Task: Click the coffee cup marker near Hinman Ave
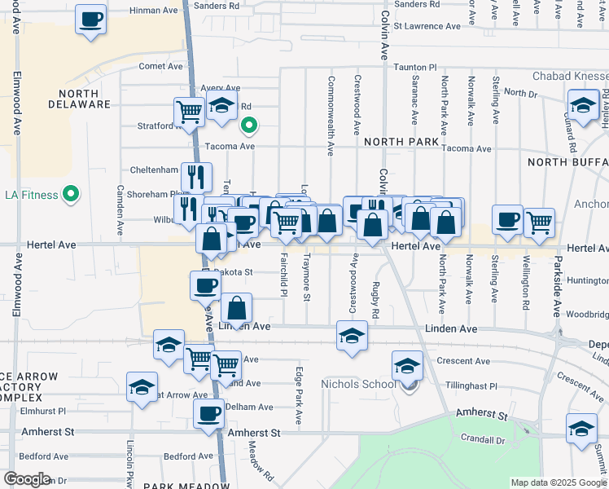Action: [x=90, y=19]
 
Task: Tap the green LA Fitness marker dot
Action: [x=71, y=194]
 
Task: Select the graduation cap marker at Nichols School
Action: [x=407, y=365]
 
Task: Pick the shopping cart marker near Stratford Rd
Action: [x=189, y=112]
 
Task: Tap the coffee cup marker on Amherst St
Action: [x=208, y=413]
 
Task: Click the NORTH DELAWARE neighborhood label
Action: [x=79, y=98]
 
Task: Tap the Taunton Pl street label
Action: [x=416, y=67]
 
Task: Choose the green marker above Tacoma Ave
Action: [x=249, y=126]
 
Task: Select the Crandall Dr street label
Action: [x=484, y=440]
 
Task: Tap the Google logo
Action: [x=27, y=478]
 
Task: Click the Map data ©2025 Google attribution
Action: [x=558, y=482]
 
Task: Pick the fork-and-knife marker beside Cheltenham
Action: [x=196, y=175]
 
